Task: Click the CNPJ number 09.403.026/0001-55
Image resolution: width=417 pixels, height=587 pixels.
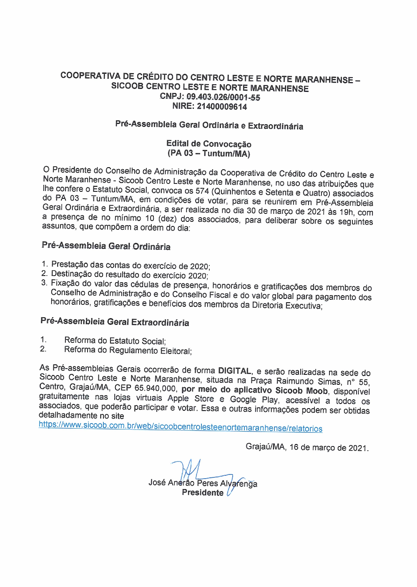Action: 223,97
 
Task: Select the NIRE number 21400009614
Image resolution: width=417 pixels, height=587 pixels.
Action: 222,106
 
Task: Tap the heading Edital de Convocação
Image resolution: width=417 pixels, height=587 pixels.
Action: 208,144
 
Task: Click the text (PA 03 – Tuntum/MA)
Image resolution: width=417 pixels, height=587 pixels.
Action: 208,153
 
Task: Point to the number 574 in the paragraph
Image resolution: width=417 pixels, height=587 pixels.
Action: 202,191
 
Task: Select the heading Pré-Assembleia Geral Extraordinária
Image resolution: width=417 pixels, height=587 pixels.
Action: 115,322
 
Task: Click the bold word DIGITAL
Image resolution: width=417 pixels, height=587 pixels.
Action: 235,371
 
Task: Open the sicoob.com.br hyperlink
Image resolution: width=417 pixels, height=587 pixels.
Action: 180,426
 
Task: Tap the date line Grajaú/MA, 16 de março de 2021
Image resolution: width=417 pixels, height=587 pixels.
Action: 307,447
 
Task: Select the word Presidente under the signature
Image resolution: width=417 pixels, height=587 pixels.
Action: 203,492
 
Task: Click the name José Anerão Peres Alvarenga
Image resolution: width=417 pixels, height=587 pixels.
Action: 203,483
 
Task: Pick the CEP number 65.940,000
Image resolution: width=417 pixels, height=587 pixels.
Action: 156,388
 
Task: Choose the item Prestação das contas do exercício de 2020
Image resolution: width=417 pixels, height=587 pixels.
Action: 131,265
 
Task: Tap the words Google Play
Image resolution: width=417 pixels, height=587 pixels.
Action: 254,399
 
